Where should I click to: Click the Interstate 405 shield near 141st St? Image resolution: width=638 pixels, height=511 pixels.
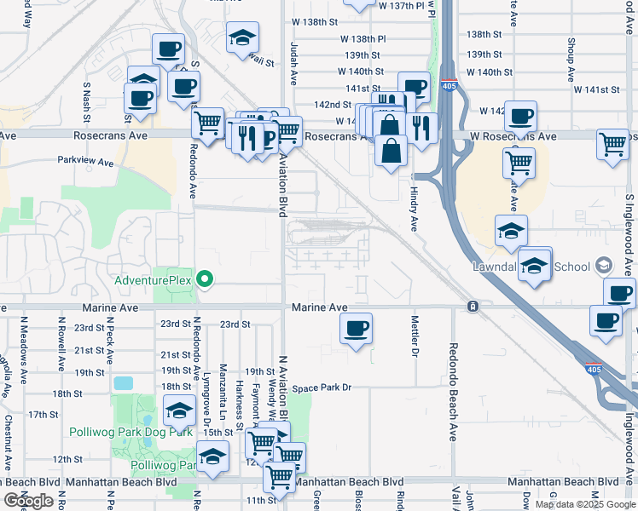pyautogui.click(x=449, y=85)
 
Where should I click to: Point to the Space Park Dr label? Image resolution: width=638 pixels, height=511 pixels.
pyautogui.click(x=322, y=388)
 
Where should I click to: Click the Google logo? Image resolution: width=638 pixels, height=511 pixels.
pyautogui.click(x=28, y=501)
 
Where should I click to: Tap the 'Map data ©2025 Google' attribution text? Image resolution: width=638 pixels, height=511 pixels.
pyautogui.click(x=586, y=504)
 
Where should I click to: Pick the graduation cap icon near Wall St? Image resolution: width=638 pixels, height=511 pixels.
pyautogui.click(x=243, y=37)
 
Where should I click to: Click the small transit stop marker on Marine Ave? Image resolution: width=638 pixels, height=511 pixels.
pyautogui.click(x=471, y=306)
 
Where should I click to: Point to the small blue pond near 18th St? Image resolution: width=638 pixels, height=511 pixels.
pyautogui.click(x=123, y=383)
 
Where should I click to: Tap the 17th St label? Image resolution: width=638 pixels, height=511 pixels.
pyautogui.click(x=42, y=415)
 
